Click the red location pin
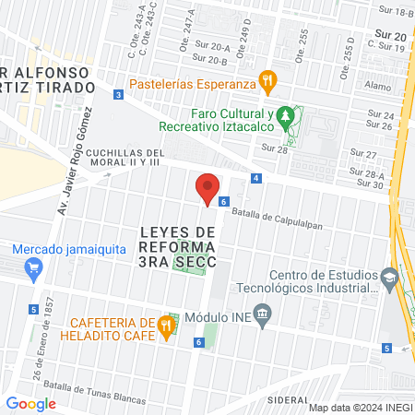tap(207, 188)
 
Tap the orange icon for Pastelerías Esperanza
tap(267, 80)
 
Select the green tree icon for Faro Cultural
tap(287, 116)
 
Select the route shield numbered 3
tap(118, 95)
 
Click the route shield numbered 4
tap(255, 178)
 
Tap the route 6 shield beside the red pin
tap(223, 200)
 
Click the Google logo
tap(30, 403)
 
